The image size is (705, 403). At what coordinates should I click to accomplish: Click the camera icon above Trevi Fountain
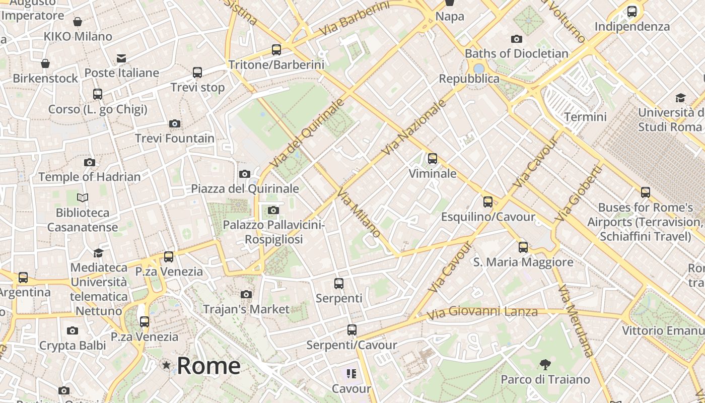click(175, 123)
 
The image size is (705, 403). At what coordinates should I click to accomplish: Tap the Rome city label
click(208, 366)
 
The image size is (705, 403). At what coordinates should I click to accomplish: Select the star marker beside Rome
click(166, 365)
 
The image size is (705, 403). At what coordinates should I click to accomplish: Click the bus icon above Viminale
click(432, 159)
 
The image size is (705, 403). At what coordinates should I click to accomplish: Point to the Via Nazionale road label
click(414, 127)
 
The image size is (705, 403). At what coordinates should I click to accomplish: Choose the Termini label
click(585, 117)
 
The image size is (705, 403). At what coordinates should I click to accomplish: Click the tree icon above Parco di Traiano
click(545, 365)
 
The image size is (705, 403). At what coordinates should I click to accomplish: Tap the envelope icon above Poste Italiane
click(121, 58)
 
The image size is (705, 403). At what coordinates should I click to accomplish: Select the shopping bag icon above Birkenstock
click(45, 63)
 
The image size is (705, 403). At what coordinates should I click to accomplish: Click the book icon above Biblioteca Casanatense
click(83, 198)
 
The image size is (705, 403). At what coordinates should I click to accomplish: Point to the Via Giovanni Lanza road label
click(482, 312)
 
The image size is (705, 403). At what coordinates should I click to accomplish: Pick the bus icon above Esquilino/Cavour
click(487, 202)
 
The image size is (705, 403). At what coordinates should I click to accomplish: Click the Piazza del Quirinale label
click(245, 189)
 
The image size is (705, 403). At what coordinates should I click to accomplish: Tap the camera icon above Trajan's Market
click(246, 294)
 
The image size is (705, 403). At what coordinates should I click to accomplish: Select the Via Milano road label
click(359, 214)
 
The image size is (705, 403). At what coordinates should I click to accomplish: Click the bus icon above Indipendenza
click(632, 12)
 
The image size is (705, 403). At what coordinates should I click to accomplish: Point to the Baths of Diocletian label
click(516, 53)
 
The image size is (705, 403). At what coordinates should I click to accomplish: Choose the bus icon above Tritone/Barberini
click(276, 50)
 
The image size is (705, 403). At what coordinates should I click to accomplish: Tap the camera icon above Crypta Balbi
click(73, 331)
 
